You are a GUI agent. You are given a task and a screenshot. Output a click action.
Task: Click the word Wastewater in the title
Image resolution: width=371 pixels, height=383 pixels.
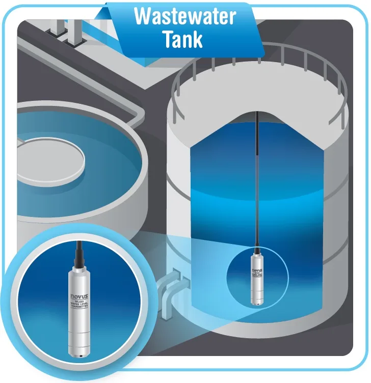click(x=184, y=16)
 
